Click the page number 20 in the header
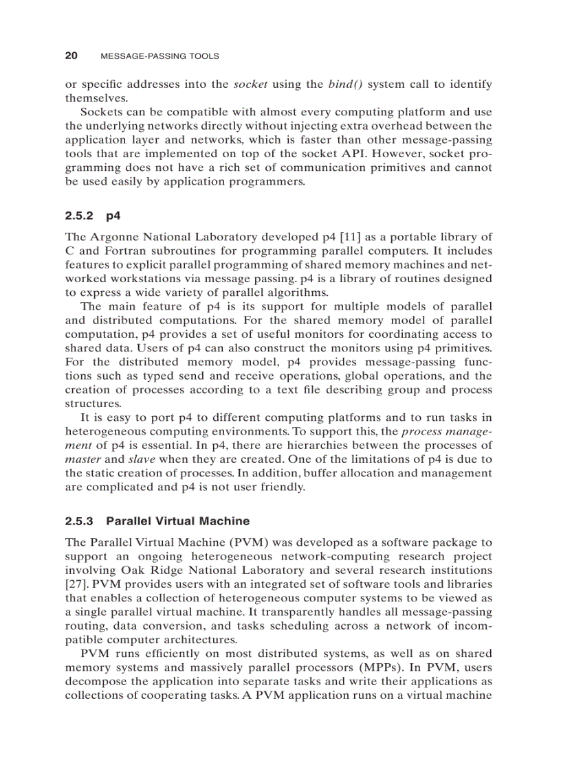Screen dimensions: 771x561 pos(71,56)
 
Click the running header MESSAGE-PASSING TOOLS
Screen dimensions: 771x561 pos(159,56)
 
